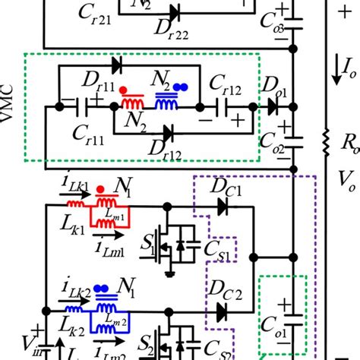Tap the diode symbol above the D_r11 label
click(115, 65)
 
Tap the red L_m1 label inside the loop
click(121, 219)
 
